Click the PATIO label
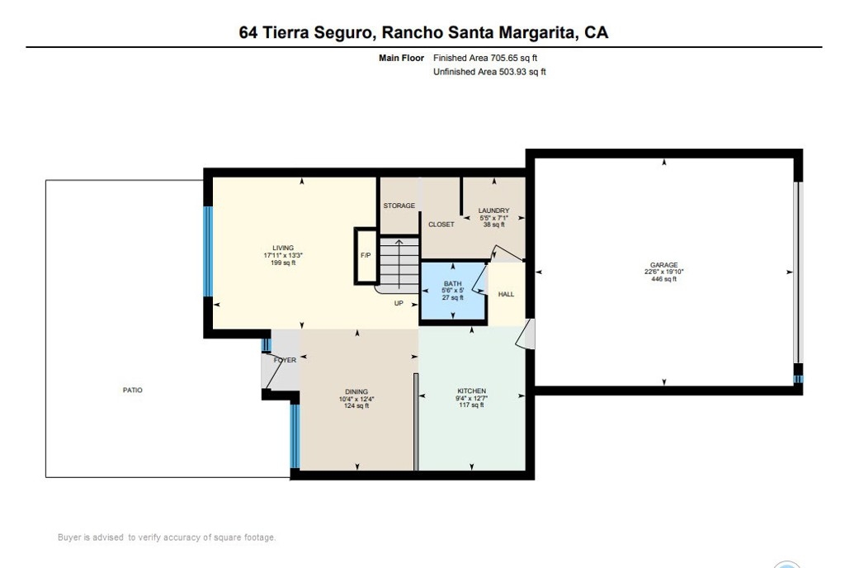click(x=133, y=390)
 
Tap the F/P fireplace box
click(x=366, y=256)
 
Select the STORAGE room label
click(x=399, y=206)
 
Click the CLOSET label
click(x=441, y=225)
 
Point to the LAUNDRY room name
click(x=493, y=211)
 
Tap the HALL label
click(x=506, y=294)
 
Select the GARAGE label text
click(x=664, y=265)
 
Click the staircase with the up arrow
click(x=399, y=265)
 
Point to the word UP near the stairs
click(x=399, y=303)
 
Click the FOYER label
click(x=285, y=360)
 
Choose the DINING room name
click(x=356, y=392)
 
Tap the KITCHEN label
click(x=471, y=391)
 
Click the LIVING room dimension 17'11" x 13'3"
click(x=284, y=255)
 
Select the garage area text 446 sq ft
click(x=664, y=279)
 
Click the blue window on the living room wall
click(x=208, y=251)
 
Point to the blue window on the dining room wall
click(x=295, y=436)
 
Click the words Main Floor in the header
click(x=402, y=58)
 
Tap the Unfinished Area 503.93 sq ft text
click(x=489, y=72)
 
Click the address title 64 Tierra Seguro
click(x=305, y=32)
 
